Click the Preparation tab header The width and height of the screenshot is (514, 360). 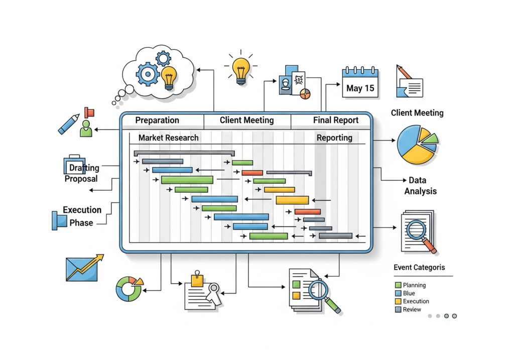click(157, 121)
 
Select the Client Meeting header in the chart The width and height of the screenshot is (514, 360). click(246, 121)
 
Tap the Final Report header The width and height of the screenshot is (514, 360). click(335, 121)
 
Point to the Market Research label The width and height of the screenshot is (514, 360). click(168, 138)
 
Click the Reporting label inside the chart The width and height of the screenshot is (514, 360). click(334, 138)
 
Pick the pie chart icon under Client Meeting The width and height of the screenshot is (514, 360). click(417, 145)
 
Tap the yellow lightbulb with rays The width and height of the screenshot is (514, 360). click(241, 68)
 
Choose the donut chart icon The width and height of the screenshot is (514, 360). click(128, 289)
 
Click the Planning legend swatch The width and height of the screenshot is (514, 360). click(398, 285)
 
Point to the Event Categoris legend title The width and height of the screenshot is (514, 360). click(419, 268)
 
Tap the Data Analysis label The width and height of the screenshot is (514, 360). click(421, 186)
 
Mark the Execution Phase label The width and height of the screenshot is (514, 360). click(82, 216)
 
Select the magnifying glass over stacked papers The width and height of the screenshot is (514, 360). click(419, 232)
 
